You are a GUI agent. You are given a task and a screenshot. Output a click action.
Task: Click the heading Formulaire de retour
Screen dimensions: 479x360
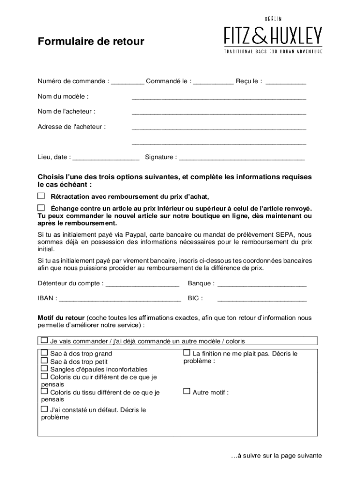(91, 42)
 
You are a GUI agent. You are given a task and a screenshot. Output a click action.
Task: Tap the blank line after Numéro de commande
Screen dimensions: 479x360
(128, 82)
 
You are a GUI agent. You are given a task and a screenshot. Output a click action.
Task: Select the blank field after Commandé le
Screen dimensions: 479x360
(213, 82)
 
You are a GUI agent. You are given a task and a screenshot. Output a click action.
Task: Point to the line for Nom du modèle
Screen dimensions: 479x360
(219, 98)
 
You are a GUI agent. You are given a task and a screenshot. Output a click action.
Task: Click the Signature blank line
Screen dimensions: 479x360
(242, 158)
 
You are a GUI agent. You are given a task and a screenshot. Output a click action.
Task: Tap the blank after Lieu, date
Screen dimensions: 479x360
(106, 158)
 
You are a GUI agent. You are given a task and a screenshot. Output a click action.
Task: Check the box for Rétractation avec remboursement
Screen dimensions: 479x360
(41, 196)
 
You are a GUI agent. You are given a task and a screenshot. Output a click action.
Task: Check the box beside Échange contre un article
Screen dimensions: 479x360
(41, 207)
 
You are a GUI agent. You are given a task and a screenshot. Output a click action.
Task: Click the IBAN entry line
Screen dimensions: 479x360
(120, 299)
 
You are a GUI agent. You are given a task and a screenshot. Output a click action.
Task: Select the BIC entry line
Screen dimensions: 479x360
(262, 299)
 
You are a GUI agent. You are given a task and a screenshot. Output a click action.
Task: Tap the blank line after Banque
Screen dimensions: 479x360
(262, 284)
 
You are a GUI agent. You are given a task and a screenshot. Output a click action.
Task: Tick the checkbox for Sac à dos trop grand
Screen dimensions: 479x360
(44, 353)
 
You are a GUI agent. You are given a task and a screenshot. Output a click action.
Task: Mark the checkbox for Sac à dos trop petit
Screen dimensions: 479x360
(44, 361)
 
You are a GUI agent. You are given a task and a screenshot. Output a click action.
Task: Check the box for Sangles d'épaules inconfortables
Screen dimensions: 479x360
(44, 368)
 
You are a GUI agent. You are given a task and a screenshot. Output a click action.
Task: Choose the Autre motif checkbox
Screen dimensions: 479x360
(187, 391)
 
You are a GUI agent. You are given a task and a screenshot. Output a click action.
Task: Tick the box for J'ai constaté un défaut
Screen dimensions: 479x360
(44, 409)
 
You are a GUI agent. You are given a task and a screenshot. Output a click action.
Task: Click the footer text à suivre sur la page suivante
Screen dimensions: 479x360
(276, 456)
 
